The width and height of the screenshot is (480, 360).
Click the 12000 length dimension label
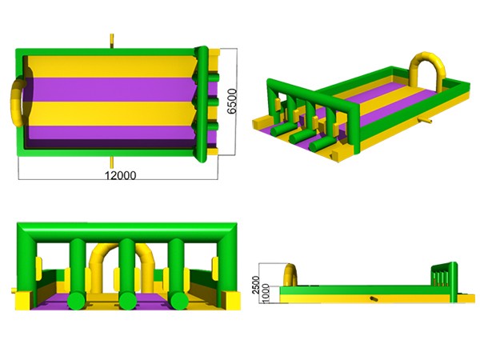[121, 176]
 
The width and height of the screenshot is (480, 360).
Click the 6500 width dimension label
[232, 102]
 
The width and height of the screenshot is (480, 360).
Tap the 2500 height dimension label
[256, 285]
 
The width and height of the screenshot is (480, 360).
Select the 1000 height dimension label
[266, 294]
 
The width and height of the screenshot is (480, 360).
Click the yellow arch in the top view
[16, 101]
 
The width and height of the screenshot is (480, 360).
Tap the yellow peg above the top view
[112, 41]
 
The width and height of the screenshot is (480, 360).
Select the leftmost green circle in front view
[77, 301]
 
